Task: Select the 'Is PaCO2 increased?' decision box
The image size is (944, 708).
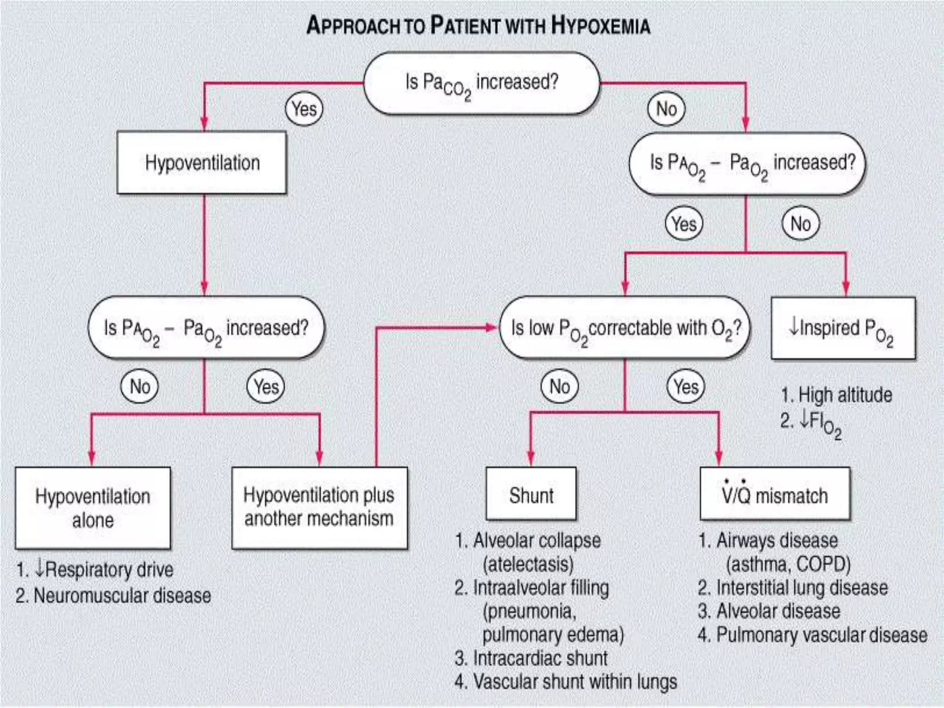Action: click(x=482, y=83)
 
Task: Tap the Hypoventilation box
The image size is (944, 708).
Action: click(x=202, y=162)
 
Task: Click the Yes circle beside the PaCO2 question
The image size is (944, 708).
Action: click(x=304, y=109)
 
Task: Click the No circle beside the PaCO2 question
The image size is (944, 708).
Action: click(x=666, y=109)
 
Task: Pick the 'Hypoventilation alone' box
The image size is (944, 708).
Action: click(x=93, y=508)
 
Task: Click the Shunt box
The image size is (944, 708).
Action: click(x=531, y=494)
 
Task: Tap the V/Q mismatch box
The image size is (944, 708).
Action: click(x=775, y=494)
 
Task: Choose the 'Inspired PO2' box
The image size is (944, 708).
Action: click(x=843, y=328)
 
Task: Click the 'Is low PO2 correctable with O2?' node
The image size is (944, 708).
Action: click(x=625, y=328)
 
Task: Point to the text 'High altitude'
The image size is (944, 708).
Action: click(x=844, y=395)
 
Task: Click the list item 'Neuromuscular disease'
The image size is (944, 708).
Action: click(x=122, y=596)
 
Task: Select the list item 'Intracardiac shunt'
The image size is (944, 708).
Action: click(x=540, y=658)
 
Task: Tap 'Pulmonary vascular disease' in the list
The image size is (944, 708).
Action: click(x=821, y=635)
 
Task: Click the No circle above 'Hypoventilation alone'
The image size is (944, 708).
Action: click(x=140, y=386)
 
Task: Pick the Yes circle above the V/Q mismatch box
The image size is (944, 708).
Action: click(x=686, y=386)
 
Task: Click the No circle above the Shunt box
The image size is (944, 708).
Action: click(x=560, y=386)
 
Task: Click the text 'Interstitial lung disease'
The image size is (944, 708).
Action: click(x=802, y=588)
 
